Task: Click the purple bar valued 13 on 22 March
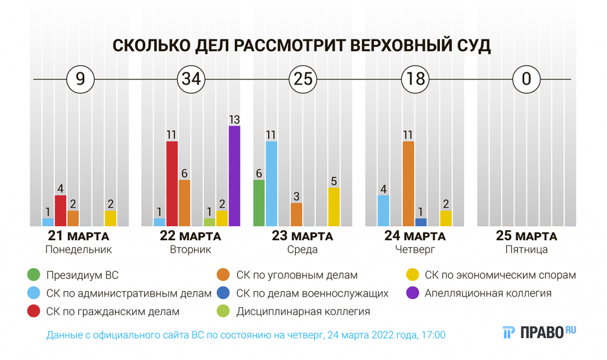click(235, 176)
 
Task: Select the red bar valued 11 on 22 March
click(172, 184)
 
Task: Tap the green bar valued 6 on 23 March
click(259, 203)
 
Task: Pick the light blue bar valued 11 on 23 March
click(271, 184)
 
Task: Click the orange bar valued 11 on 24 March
click(408, 184)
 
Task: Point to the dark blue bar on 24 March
click(421, 222)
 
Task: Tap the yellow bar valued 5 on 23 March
click(334, 206)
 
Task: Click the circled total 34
click(191, 79)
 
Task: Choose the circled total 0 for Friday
click(526, 79)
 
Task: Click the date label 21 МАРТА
click(79, 236)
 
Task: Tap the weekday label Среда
click(302, 250)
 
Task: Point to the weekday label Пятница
click(526, 250)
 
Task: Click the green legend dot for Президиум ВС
click(34, 275)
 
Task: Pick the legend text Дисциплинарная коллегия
click(303, 311)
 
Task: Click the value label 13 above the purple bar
click(235, 119)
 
